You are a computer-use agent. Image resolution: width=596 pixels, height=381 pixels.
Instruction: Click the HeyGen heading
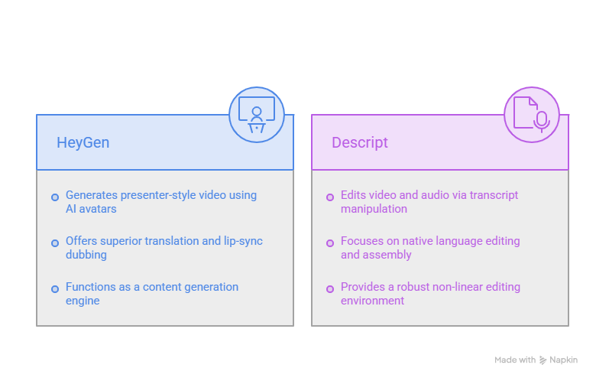[83, 143]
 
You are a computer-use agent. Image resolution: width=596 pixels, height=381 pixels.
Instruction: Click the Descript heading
[360, 143]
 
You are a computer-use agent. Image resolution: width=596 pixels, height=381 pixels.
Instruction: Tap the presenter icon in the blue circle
[257, 115]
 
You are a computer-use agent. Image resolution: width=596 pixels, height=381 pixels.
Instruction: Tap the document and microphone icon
[531, 115]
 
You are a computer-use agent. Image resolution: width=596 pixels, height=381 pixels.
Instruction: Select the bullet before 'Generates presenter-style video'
[55, 197]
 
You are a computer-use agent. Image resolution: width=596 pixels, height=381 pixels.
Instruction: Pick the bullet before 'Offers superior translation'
[55, 243]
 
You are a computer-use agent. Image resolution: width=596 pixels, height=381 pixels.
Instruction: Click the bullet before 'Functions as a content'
[55, 289]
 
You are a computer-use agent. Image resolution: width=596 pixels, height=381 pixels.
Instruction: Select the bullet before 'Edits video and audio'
[330, 197]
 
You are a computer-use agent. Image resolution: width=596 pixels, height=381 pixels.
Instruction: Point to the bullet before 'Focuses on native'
[330, 243]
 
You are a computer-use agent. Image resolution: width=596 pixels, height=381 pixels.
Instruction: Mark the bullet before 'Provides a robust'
[330, 289]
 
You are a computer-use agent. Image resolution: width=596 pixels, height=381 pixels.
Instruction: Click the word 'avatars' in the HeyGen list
[98, 209]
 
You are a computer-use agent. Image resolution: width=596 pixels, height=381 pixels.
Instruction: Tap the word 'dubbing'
[86, 255]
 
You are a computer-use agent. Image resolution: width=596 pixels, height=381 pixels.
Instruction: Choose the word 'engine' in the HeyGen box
[83, 301]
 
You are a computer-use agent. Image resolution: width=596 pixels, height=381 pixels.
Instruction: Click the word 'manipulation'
[374, 209]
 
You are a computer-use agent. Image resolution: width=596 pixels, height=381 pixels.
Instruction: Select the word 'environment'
[372, 301]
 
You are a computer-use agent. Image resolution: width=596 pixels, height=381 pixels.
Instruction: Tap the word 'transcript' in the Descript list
[494, 195]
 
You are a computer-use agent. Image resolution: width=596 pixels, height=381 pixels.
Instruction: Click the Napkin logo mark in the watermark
[543, 360]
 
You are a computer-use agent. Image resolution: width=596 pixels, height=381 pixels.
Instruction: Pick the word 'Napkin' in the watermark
[563, 360]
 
